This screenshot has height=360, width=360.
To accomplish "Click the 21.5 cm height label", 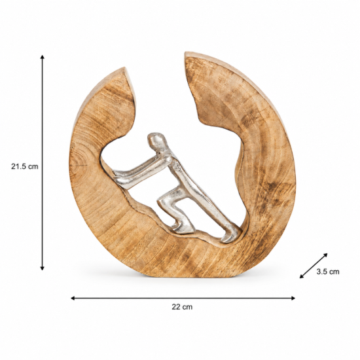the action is [x=25, y=166].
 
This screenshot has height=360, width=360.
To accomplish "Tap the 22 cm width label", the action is [x=182, y=307].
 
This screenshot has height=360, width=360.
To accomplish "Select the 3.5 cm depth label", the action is [x=328, y=272].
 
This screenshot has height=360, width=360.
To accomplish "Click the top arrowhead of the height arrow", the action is [x=43, y=57].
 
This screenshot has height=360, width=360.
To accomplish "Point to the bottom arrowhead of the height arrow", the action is [x=43, y=268].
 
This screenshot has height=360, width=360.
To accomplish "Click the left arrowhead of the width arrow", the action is [x=73, y=298].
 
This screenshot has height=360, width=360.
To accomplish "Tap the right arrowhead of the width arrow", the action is [x=293, y=298].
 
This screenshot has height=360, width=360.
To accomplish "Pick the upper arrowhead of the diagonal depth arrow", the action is [x=325, y=255].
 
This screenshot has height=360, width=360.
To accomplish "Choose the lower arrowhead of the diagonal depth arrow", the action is [x=302, y=276].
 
